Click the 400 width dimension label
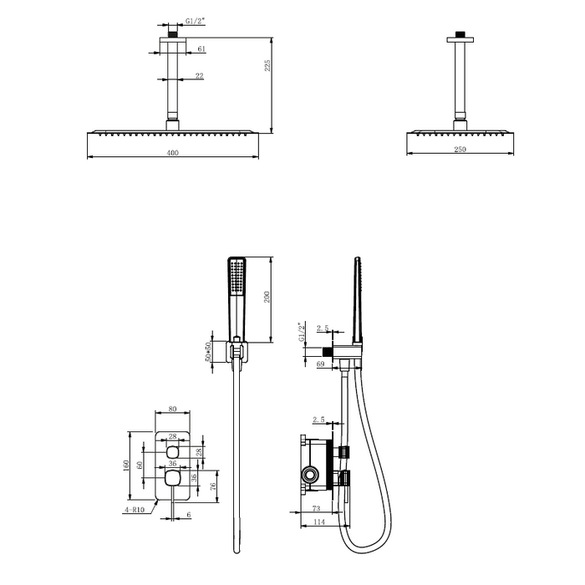click(172, 153)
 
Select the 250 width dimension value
click(460, 150)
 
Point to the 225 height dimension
click(267, 66)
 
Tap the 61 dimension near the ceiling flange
click(201, 48)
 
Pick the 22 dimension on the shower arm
click(200, 76)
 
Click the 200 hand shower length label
click(267, 297)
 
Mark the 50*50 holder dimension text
click(209, 351)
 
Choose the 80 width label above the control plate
click(172, 409)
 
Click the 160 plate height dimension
click(125, 465)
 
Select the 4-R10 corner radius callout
click(135, 510)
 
